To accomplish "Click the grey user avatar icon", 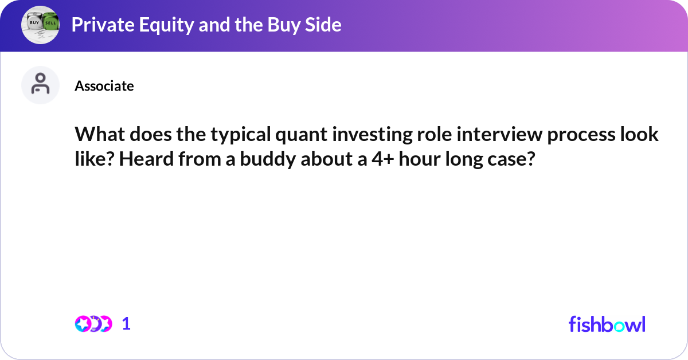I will click(40, 85).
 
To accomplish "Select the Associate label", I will click(104, 86).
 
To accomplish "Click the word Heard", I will click(143, 159).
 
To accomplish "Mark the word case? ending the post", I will click(508, 159).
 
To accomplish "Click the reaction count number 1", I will click(126, 324).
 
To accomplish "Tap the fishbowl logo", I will click(607, 324).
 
